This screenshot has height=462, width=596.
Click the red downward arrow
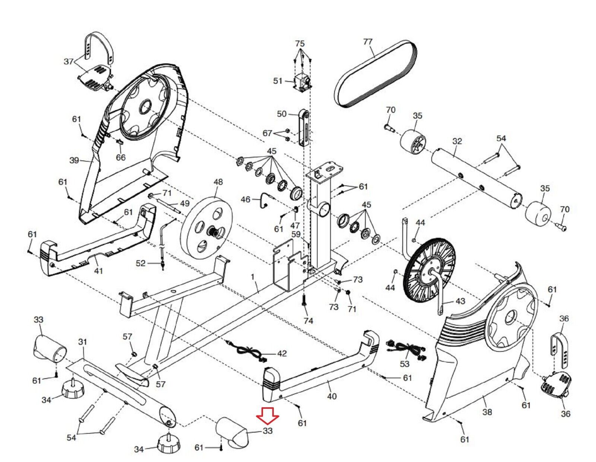[x=268, y=416]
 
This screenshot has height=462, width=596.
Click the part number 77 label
[x=368, y=42]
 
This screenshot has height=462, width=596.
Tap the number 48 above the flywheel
[x=218, y=182]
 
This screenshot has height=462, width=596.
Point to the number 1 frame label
[x=253, y=277]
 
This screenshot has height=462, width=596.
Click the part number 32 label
[x=457, y=141]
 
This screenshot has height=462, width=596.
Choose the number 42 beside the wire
[x=282, y=354]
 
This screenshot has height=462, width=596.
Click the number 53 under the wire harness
[x=405, y=364]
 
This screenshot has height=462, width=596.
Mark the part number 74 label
[x=308, y=321]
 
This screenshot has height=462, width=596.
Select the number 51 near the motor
[x=278, y=81]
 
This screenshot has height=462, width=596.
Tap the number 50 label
[x=282, y=114]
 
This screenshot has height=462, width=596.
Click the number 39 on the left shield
[x=74, y=160]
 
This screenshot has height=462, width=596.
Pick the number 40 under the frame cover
[x=332, y=396]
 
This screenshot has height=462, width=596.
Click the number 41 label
[x=98, y=271]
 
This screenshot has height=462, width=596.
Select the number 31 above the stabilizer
[x=83, y=342]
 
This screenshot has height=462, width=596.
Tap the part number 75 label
[x=300, y=44]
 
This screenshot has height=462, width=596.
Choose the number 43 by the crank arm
[x=460, y=301]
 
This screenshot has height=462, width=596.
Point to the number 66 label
[x=121, y=157]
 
